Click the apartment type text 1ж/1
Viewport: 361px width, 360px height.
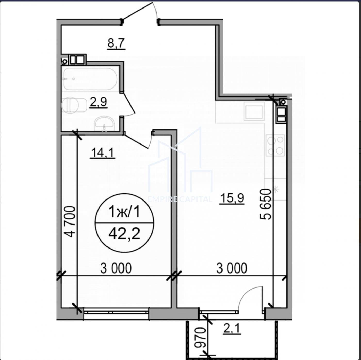pos(124,212)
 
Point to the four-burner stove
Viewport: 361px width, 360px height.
pos(275,145)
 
